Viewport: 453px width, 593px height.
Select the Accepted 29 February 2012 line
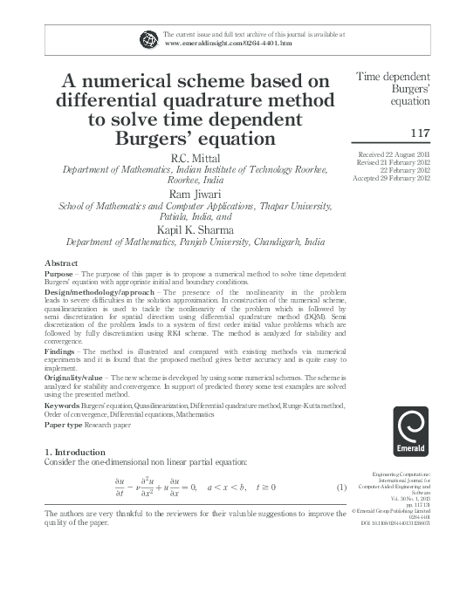pos(395,177)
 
